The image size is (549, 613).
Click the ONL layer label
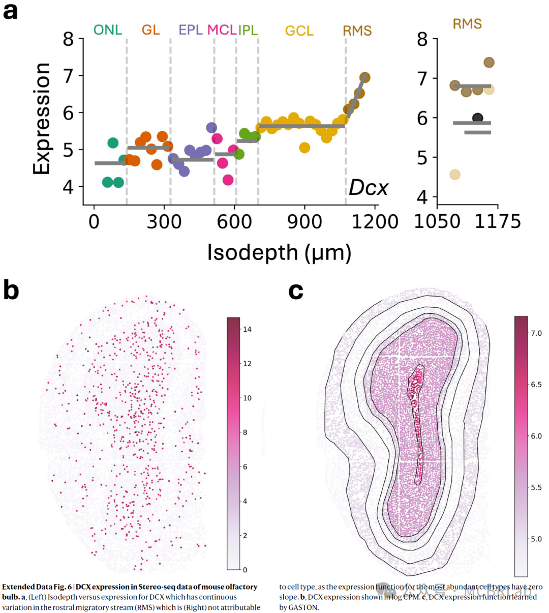coord(108,30)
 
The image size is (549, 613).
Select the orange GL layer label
coord(150,30)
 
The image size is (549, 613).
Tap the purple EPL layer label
coord(191,30)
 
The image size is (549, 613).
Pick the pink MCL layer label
coord(222,30)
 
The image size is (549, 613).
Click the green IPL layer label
coord(248,30)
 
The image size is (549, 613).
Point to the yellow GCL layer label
coord(299,31)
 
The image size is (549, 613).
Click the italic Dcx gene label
coord(368,188)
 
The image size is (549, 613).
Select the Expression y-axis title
coord(42,119)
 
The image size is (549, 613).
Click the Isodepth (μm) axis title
coord(279,252)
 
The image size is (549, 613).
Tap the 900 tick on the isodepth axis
coord(304,222)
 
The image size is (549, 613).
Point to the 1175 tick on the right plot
coord(498,222)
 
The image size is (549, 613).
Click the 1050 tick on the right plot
coord(438,222)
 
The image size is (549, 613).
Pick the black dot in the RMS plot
coord(477,118)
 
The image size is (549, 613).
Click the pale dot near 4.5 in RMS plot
coord(455,174)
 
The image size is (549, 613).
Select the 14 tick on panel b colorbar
coord(247,329)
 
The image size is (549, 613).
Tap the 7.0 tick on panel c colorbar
coord(536,333)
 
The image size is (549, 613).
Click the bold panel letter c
coord(296,290)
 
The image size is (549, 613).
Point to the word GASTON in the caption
coord(303,607)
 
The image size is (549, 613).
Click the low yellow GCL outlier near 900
coord(304,148)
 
